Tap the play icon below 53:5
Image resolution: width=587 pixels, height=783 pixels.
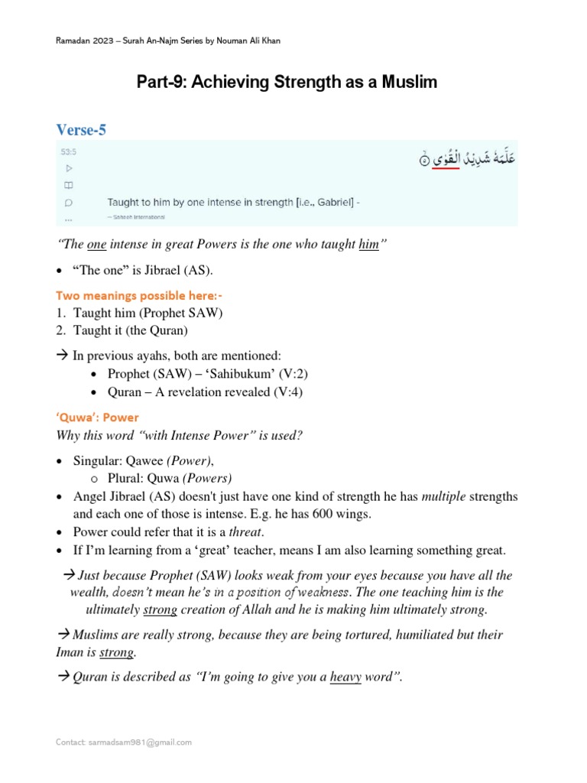(68, 167)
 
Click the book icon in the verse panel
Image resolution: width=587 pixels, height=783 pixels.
(68, 185)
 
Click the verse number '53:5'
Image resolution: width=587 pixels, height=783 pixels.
(68, 152)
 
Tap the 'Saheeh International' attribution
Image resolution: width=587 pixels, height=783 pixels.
(138, 217)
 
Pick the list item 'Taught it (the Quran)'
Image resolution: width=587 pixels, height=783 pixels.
(135, 330)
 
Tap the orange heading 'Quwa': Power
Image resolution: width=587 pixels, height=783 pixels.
(99, 417)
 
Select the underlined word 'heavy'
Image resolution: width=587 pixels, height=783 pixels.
(345, 677)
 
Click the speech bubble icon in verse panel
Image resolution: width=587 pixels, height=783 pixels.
(68, 203)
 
